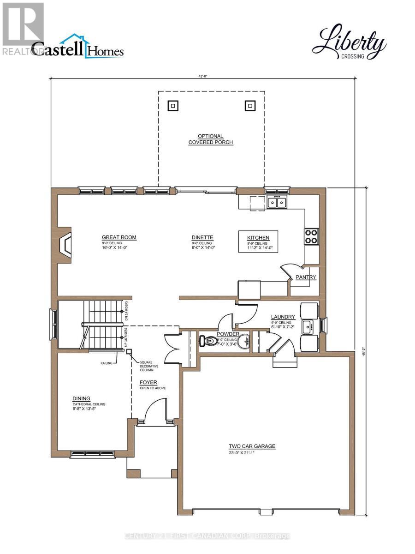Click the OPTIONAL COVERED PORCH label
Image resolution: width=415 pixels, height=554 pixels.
[211, 139]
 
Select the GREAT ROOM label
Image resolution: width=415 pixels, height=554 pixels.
[119, 238]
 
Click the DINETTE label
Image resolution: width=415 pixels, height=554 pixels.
[203, 238]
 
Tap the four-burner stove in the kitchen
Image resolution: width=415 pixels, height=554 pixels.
[311, 236]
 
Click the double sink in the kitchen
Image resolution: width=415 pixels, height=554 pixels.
[277, 202]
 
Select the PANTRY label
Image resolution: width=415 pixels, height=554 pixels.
[306, 277]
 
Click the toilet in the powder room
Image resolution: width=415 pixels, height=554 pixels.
[208, 341]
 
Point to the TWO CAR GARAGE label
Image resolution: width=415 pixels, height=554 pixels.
[252, 446]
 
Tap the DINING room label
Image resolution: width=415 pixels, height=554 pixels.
[81, 398]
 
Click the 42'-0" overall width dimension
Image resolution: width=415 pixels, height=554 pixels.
[203, 78]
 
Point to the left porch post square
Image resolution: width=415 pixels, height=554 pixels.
[172, 106]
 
